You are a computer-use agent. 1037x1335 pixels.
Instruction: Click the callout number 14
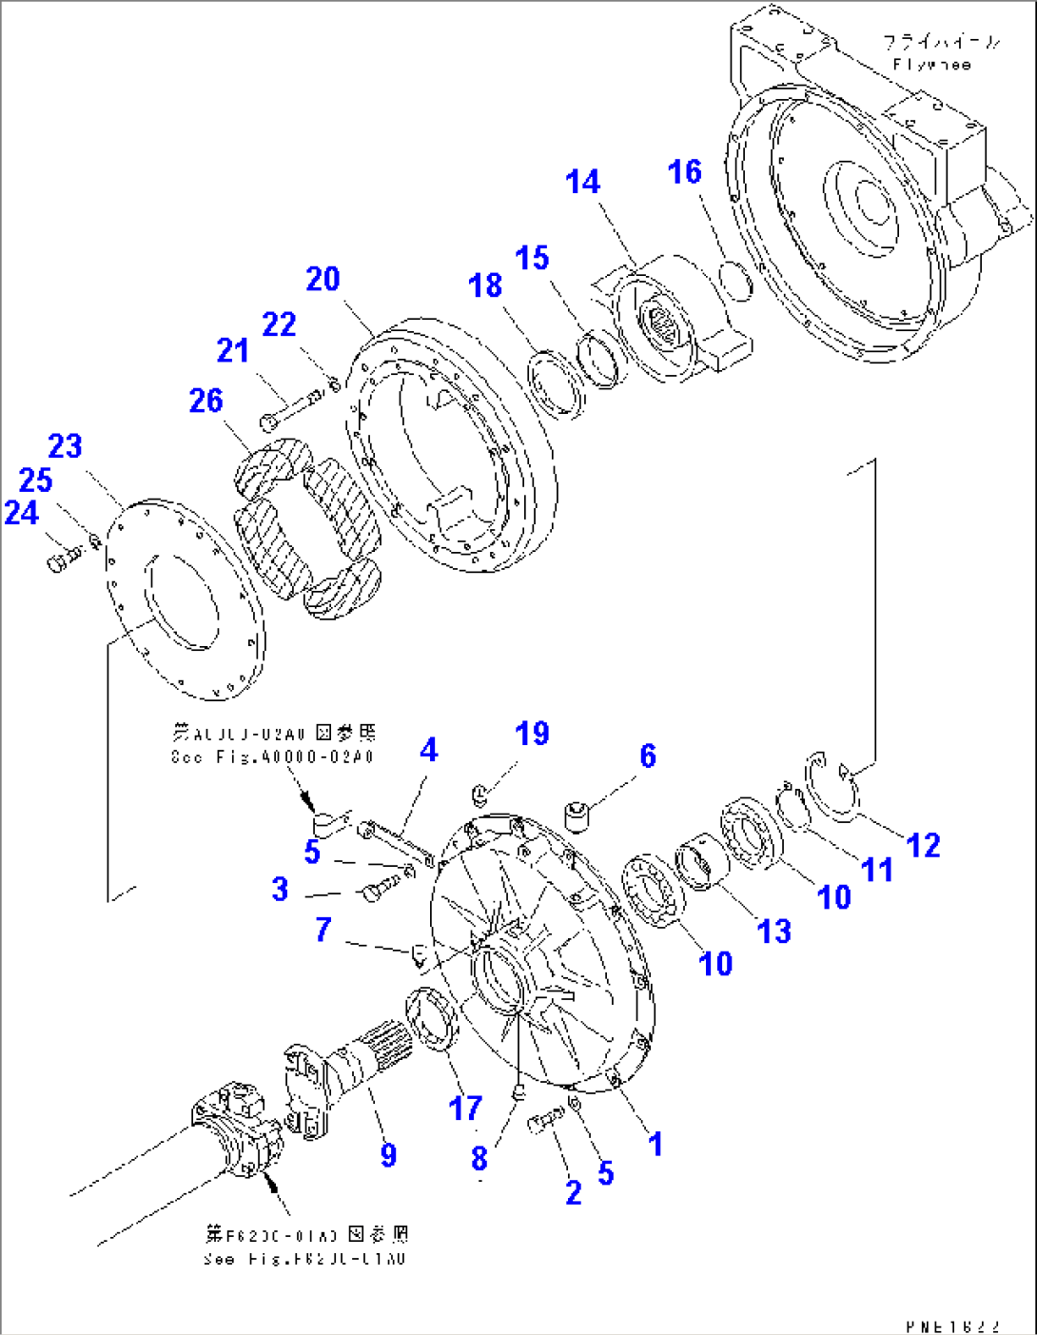(582, 182)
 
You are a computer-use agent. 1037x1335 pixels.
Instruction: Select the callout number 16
(684, 172)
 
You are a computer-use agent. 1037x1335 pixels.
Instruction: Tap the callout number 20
(323, 279)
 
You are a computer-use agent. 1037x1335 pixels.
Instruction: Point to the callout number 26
(205, 401)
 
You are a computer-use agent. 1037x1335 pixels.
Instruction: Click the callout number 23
(66, 445)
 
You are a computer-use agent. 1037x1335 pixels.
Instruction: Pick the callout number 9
(388, 1155)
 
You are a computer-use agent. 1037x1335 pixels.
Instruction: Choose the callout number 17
(465, 1108)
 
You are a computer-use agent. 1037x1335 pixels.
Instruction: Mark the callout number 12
(923, 845)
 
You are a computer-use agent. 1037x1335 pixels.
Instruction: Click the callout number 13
(774, 931)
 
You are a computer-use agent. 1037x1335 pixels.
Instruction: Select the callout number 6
(648, 756)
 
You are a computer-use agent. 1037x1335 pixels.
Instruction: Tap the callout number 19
(532, 734)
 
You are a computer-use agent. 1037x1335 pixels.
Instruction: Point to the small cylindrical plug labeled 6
(577, 815)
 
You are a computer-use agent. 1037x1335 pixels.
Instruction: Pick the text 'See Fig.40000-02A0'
(272, 757)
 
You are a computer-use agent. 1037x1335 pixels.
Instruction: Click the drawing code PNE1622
(952, 1325)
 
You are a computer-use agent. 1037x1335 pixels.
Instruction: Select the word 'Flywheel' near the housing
(931, 65)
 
